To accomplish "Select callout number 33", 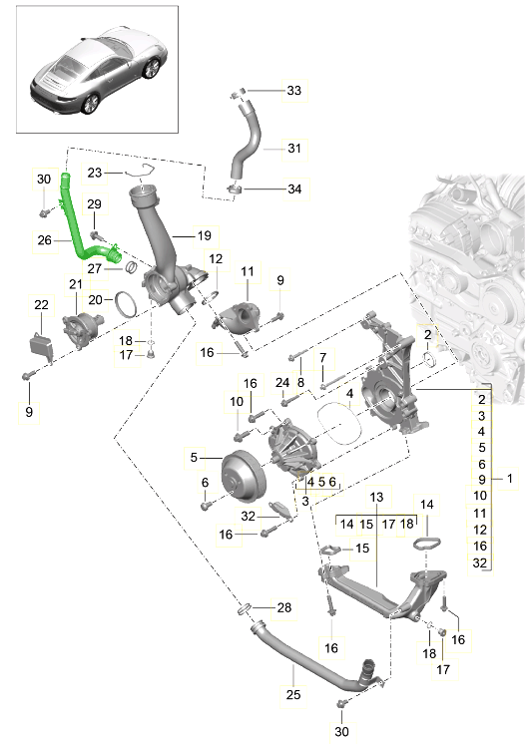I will point(292,91).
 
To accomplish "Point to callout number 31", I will point(292,149).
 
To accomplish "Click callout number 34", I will point(292,188).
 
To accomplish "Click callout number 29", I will point(94,204).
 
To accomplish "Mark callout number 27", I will point(95,268).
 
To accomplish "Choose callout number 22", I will point(41,304).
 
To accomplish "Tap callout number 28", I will point(283,608).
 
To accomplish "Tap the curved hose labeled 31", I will point(246,150).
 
